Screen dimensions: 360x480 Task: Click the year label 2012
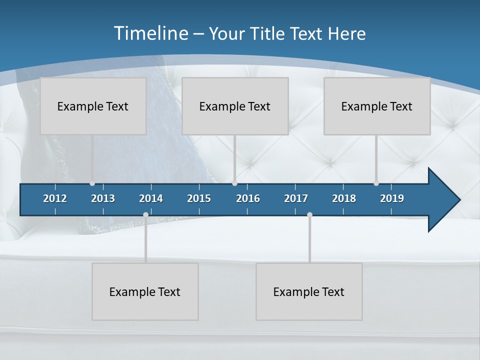coord(55,198)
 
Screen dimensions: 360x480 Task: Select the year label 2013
coord(103,198)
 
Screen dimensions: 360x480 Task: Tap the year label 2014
coord(151,198)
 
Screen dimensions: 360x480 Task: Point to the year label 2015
coord(199,198)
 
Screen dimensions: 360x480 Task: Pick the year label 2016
coord(248,198)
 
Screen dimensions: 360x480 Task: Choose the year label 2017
coord(296,198)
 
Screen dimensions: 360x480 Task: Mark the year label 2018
coord(344,198)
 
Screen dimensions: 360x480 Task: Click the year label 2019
coord(392,198)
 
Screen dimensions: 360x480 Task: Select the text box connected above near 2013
coord(93,106)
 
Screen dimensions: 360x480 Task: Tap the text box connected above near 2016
coord(235,106)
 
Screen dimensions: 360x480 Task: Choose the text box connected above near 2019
coord(377,106)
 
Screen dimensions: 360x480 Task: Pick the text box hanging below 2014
coord(145,291)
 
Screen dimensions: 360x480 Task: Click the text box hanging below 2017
coord(309,291)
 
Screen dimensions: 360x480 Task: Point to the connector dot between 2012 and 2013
coord(92,183)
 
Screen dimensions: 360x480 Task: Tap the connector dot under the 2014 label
coord(145,215)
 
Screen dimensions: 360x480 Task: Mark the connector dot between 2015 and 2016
coord(234,183)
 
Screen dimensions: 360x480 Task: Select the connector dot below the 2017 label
coord(309,215)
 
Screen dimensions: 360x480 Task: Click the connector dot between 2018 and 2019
coord(376,183)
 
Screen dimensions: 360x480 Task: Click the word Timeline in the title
coord(150,33)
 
